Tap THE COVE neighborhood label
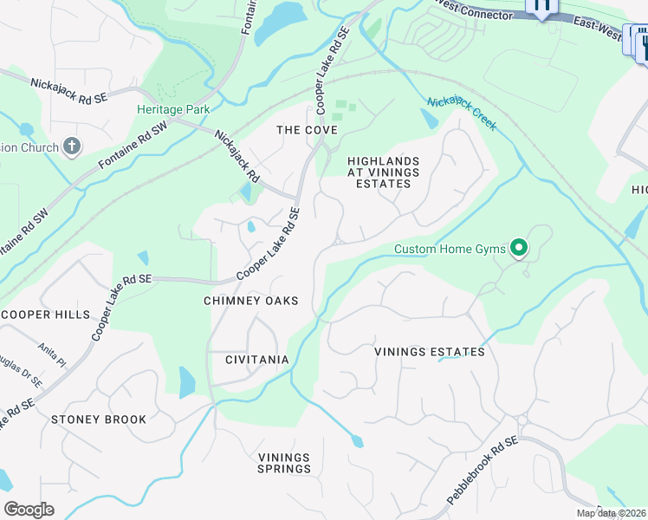pyautogui.click(x=306, y=130)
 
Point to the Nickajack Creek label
pyautogui.click(x=461, y=114)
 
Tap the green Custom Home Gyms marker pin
pyautogui.click(x=519, y=249)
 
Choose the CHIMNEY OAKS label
pyautogui.click(x=250, y=301)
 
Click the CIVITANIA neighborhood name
pyautogui.click(x=256, y=359)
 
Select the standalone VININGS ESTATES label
pyautogui.click(x=429, y=352)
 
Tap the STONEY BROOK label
pyautogui.click(x=99, y=419)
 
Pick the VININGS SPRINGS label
pyautogui.click(x=284, y=463)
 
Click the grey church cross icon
pyautogui.click(x=72, y=146)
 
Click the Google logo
pyautogui.click(x=29, y=510)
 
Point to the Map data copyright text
pyautogui.click(x=611, y=513)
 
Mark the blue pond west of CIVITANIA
pyautogui.click(x=187, y=380)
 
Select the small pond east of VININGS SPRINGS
pyautogui.click(x=358, y=442)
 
